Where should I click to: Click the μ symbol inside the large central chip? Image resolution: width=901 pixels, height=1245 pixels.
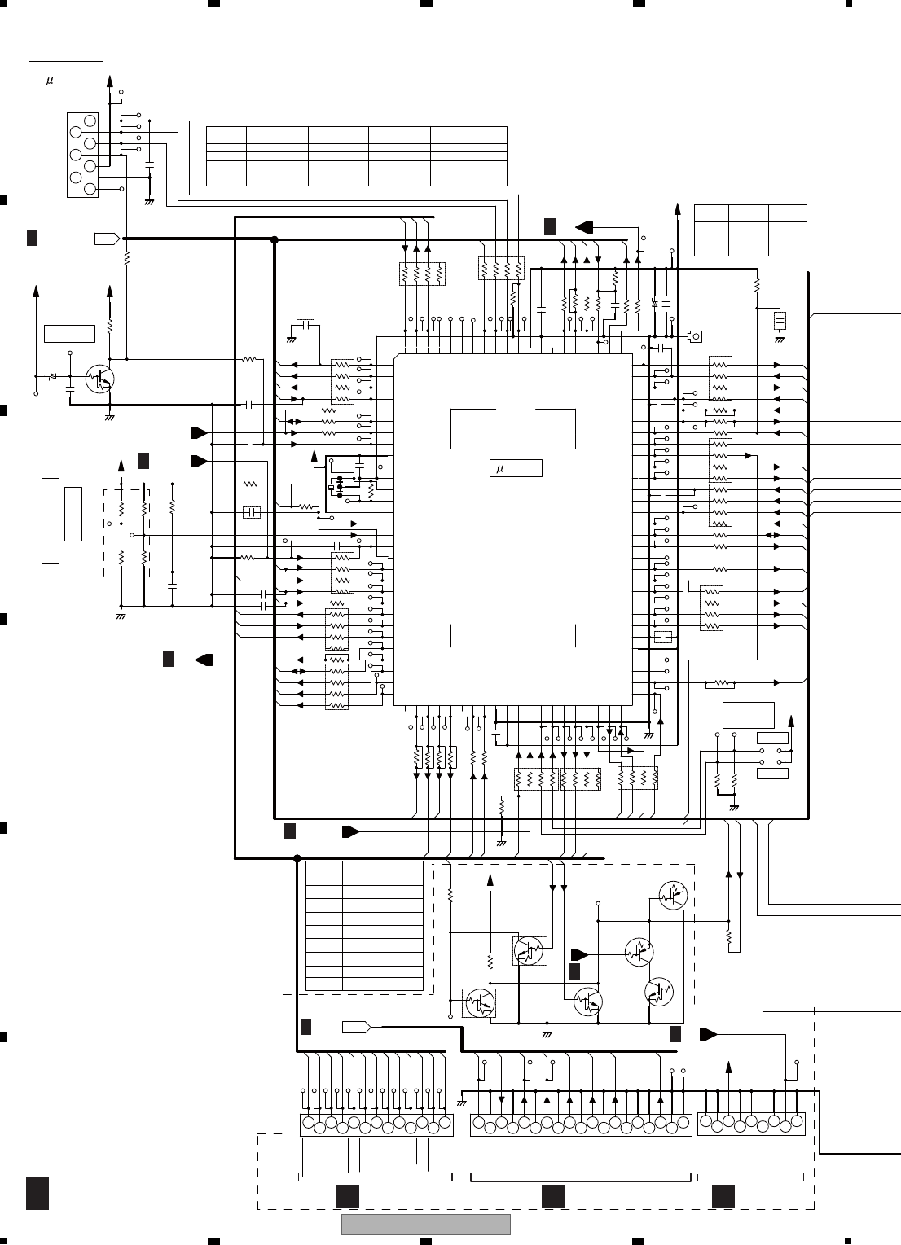[499, 468]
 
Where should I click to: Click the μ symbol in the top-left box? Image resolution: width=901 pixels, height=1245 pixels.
[49, 81]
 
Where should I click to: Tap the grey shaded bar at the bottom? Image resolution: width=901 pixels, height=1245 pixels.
[425, 1225]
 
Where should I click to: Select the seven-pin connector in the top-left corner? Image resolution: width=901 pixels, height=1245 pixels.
[82, 155]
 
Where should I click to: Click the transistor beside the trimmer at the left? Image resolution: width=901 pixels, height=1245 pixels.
[101, 379]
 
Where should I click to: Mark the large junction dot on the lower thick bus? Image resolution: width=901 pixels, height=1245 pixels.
[297, 858]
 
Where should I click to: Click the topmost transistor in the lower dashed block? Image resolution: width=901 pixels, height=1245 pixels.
[673, 895]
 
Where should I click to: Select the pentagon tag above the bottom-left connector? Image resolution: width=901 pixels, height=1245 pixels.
[357, 1027]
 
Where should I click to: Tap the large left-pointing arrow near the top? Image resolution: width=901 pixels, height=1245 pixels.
[587, 226]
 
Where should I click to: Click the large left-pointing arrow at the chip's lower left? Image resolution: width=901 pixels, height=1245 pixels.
[204, 660]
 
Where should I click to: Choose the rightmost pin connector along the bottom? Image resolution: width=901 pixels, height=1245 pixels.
[750, 1124]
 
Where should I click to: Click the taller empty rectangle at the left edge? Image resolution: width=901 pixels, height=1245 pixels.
[51, 521]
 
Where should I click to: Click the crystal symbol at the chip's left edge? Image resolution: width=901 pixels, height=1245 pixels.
[332, 488]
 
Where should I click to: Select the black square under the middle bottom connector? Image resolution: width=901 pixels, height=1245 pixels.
[553, 1195]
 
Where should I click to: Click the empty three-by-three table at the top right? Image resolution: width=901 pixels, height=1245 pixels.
[749, 230]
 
